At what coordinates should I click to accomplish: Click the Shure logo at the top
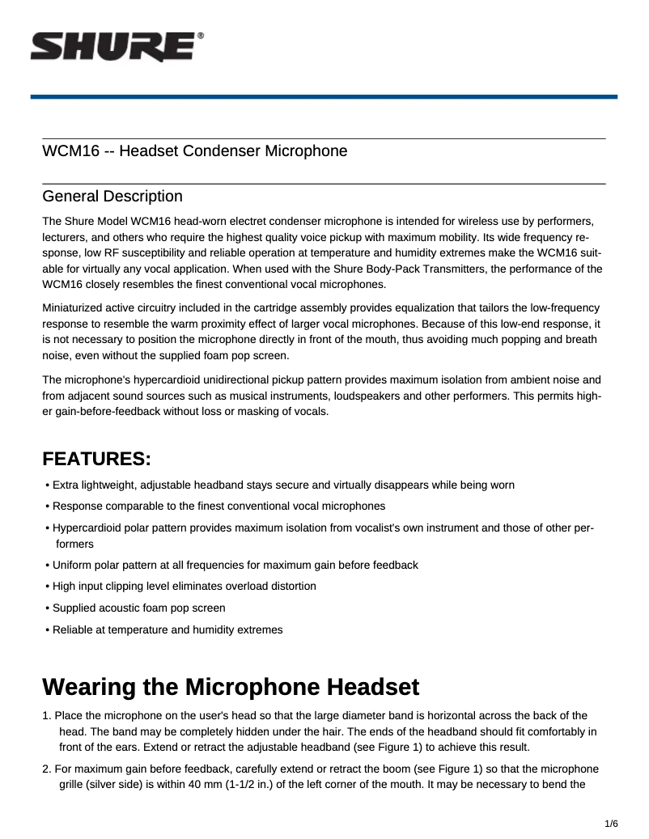[112, 48]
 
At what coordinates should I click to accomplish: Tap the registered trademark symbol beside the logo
[200, 36]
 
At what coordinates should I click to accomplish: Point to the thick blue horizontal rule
[324, 96]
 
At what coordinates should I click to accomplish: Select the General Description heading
[112, 197]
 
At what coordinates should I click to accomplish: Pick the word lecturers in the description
[67, 237]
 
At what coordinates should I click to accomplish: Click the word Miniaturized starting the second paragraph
[75, 308]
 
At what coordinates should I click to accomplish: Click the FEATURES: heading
[97, 460]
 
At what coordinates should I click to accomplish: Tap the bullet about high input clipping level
[184, 586]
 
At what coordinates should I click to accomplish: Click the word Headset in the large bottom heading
[372, 688]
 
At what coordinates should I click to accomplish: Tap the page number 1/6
[611, 824]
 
